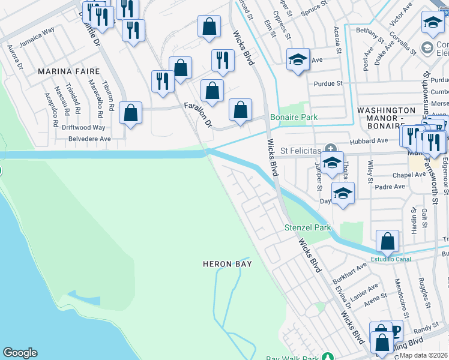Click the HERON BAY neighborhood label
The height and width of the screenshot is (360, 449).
(x=226, y=264)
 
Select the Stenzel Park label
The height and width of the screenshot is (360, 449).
(x=307, y=228)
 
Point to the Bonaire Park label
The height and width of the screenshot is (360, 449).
(x=294, y=117)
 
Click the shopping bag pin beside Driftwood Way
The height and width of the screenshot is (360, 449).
(x=130, y=113)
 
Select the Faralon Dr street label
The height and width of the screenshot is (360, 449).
(x=197, y=114)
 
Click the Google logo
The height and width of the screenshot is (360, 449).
(x=20, y=353)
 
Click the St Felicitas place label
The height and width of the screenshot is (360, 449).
(x=299, y=148)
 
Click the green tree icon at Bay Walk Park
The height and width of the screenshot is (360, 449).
(x=327, y=358)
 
